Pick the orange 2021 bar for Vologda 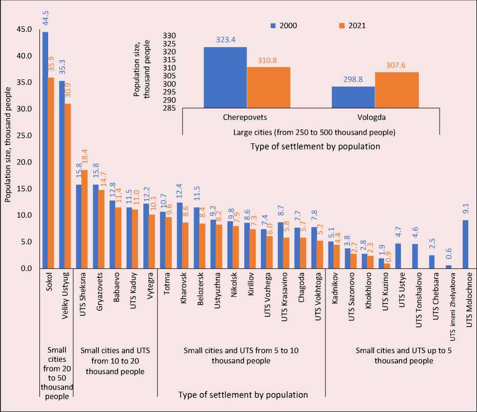coord(397,90)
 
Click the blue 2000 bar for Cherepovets coord(225,77)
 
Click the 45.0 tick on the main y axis coord(24,29)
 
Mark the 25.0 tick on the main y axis coord(24,136)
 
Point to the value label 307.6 coord(397,64)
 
